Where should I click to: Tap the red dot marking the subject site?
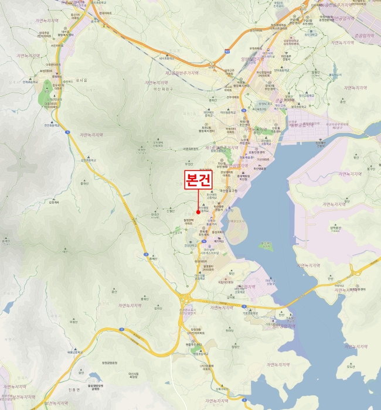pos(198,212)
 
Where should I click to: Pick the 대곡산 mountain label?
pos(155,214)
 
